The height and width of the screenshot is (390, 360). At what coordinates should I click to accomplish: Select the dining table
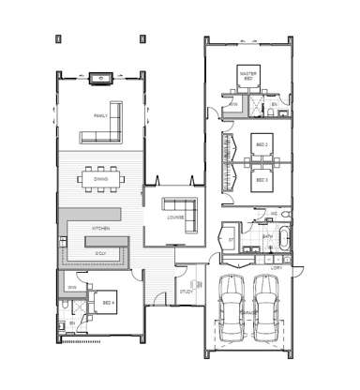click(100, 178)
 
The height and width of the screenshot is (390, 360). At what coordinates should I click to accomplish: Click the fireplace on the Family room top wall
click(101, 78)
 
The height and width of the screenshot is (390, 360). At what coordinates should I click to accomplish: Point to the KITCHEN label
click(100, 229)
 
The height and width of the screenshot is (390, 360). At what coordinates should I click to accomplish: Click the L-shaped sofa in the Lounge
click(181, 214)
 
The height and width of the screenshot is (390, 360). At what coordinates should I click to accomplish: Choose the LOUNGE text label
click(175, 218)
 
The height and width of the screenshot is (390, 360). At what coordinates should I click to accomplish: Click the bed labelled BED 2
click(262, 145)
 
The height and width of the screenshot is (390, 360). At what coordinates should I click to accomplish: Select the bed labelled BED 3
click(262, 179)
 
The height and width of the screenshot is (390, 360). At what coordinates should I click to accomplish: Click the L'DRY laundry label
click(276, 269)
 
